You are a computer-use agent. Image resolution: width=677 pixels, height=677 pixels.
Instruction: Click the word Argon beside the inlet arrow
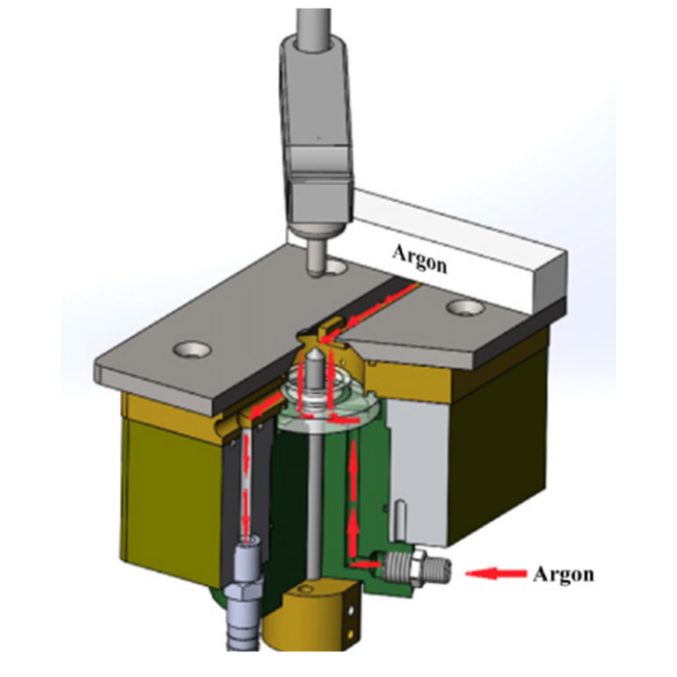563,574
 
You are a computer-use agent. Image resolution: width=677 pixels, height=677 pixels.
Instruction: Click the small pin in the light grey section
402,516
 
